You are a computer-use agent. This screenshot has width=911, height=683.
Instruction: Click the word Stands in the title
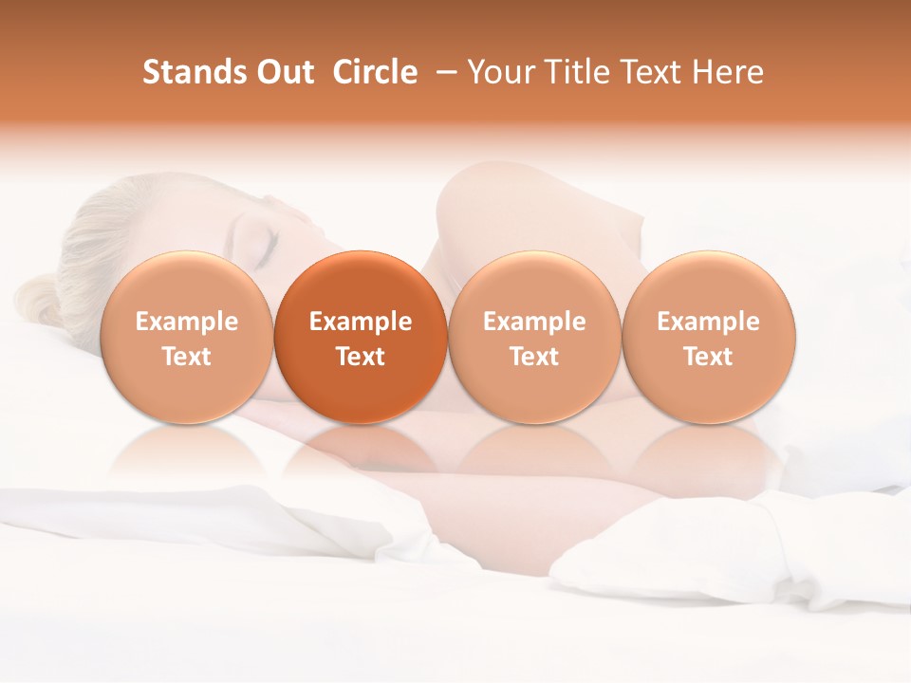[187, 72]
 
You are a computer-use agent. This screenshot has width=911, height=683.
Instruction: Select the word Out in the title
[283, 72]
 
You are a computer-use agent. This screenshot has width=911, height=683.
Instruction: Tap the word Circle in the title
[375, 72]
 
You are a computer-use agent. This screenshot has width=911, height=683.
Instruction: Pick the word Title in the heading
[575, 72]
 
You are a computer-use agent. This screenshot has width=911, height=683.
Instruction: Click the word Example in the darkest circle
[361, 322]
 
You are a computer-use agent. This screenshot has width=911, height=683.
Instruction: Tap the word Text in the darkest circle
[361, 357]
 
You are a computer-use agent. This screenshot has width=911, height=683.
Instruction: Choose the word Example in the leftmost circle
[187, 322]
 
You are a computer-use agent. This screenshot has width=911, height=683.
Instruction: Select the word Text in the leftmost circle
[187, 357]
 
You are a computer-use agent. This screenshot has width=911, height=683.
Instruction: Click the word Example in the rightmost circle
[708, 322]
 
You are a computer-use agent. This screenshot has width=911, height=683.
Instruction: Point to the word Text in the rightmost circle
[708, 357]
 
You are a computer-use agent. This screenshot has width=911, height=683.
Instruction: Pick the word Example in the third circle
[534, 322]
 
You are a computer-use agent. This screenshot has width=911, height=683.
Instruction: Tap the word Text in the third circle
[534, 357]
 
